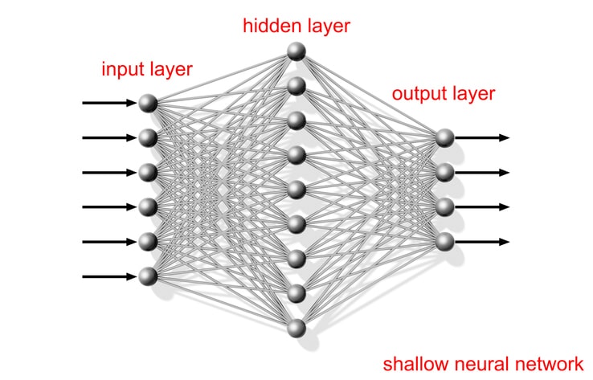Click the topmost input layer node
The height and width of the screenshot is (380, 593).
(x=147, y=103)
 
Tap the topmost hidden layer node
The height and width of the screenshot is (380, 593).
(x=297, y=52)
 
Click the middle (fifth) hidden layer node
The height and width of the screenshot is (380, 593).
(x=297, y=190)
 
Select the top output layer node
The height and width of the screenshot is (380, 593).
(x=445, y=137)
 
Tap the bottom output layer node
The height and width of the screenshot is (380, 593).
(x=445, y=241)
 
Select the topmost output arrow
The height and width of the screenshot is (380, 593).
(x=482, y=137)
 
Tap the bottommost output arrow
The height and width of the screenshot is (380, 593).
(x=482, y=241)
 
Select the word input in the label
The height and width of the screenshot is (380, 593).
(x=121, y=69)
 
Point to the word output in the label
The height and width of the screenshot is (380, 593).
(x=418, y=94)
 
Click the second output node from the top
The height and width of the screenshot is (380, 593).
(x=445, y=172)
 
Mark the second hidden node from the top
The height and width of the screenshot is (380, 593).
(x=297, y=86)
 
